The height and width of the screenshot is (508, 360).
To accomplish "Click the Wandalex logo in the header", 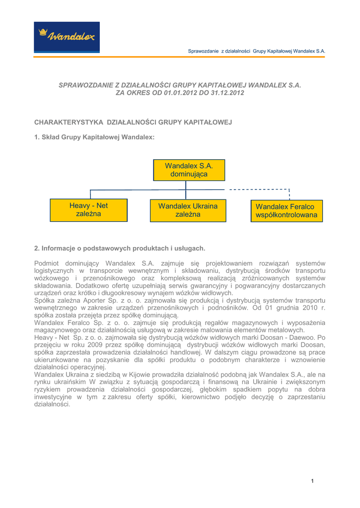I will tap(67, 36).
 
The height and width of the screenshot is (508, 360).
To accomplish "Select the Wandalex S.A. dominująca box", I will tap(188, 170).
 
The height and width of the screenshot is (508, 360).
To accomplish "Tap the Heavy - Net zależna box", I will tap(89, 210).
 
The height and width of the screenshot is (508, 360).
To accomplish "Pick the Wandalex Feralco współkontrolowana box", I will tap(286, 211).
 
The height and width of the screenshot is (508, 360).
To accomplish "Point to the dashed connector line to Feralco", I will tap(258, 189).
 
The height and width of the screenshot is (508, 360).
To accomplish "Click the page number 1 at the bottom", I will tap(313, 480).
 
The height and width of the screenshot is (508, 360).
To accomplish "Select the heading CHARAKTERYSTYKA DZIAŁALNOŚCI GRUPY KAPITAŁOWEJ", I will tap(133, 122).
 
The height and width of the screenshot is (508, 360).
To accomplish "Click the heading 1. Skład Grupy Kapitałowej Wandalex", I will tap(94, 136).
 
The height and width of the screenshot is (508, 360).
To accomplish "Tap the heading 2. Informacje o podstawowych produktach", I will tap(120, 248).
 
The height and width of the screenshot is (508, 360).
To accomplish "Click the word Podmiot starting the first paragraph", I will tap(48, 262).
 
